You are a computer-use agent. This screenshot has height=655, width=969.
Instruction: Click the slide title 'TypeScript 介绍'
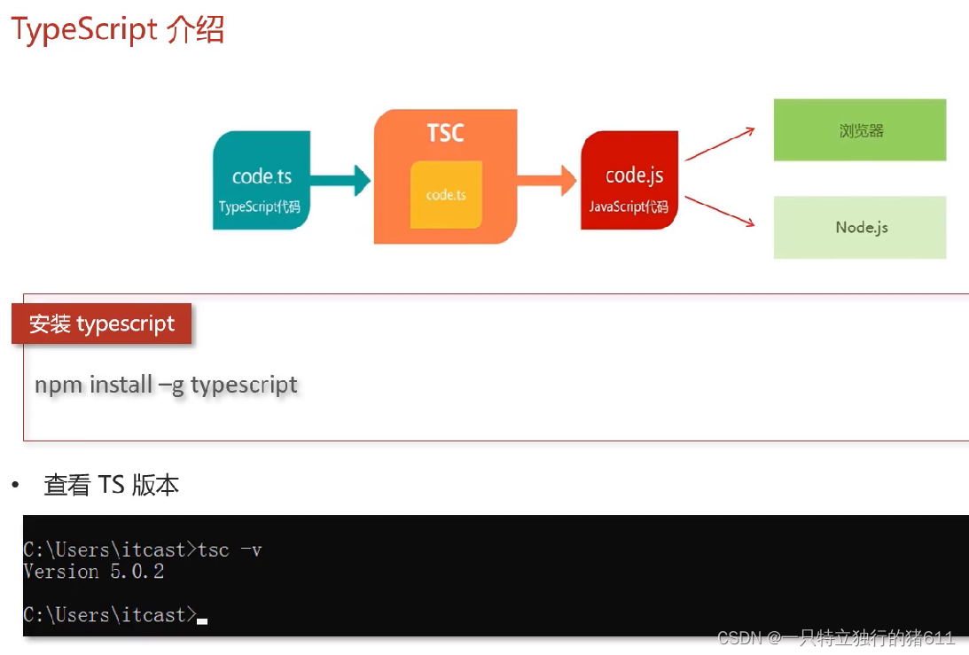pyautogui.click(x=118, y=30)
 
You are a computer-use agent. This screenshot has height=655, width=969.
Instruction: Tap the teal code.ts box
pyautogui.click(x=262, y=180)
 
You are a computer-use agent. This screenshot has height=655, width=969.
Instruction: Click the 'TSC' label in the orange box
pyautogui.click(x=445, y=134)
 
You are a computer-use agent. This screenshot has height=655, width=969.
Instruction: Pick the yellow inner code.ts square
pyautogui.click(x=446, y=194)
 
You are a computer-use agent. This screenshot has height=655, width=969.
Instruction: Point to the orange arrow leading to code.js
pyautogui.click(x=546, y=181)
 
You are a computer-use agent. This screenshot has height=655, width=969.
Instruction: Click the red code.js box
pyautogui.click(x=629, y=180)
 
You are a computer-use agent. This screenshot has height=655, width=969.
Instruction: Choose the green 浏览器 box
pyautogui.click(x=860, y=130)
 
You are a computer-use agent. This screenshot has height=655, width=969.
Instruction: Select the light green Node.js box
pyautogui.click(x=860, y=228)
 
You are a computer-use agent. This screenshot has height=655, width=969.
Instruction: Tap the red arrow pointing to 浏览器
pyautogui.click(x=719, y=144)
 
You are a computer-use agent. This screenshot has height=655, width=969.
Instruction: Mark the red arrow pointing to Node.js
pyautogui.click(x=719, y=210)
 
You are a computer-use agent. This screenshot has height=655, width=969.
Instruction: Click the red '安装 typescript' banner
pyautogui.click(x=102, y=324)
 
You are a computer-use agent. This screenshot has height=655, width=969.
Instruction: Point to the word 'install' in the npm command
pyautogui.click(x=121, y=386)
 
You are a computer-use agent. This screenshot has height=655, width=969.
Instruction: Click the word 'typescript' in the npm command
pyautogui.click(x=244, y=386)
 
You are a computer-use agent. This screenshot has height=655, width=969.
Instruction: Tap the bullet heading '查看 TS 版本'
pyautogui.click(x=112, y=486)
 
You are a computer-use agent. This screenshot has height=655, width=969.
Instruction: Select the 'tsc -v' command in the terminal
pyautogui.click(x=230, y=550)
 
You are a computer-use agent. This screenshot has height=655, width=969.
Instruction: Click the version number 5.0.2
pyautogui.click(x=137, y=572)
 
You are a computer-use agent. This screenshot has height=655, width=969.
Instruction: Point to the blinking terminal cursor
pyautogui.click(x=202, y=621)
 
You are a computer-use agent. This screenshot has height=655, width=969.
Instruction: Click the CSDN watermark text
pyautogui.click(x=836, y=638)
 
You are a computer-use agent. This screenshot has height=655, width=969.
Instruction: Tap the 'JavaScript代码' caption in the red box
pyautogui.click(x=629, y=207)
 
